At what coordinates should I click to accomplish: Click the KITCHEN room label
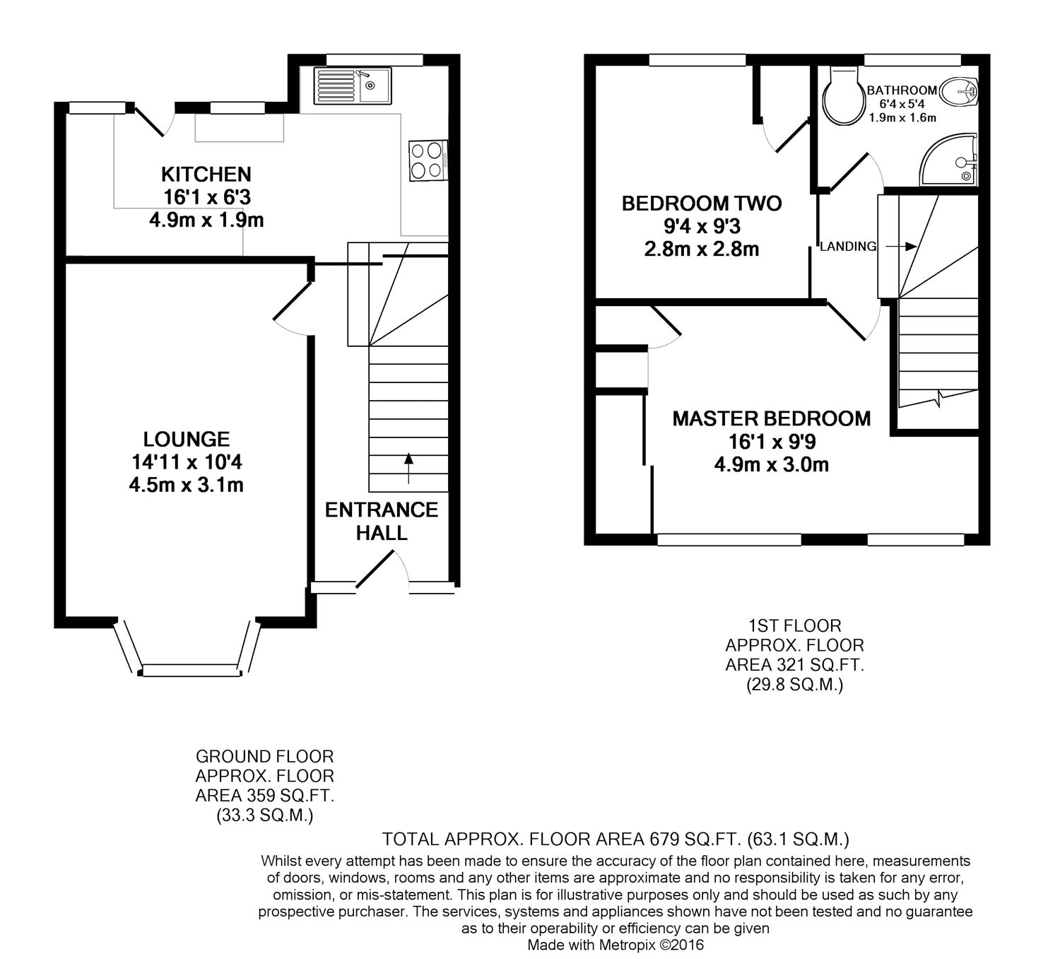(206, 174)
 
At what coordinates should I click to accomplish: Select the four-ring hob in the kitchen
(428, 160)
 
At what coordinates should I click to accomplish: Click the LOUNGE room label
(187, 440)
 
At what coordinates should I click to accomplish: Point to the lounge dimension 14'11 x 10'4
(187, 462)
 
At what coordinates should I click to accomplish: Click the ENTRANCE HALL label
(382, 521)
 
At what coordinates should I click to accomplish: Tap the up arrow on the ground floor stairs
(408, 469)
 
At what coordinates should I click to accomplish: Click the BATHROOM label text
(902, 90)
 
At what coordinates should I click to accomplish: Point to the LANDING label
(848, 247)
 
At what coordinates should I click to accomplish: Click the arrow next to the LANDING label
(900, 247)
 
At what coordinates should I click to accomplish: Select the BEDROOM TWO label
(702, 204)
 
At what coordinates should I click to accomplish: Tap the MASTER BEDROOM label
(771, 418)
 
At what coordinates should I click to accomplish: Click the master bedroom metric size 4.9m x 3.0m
(771, 465)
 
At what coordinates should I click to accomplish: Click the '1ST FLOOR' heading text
(794, 625)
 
